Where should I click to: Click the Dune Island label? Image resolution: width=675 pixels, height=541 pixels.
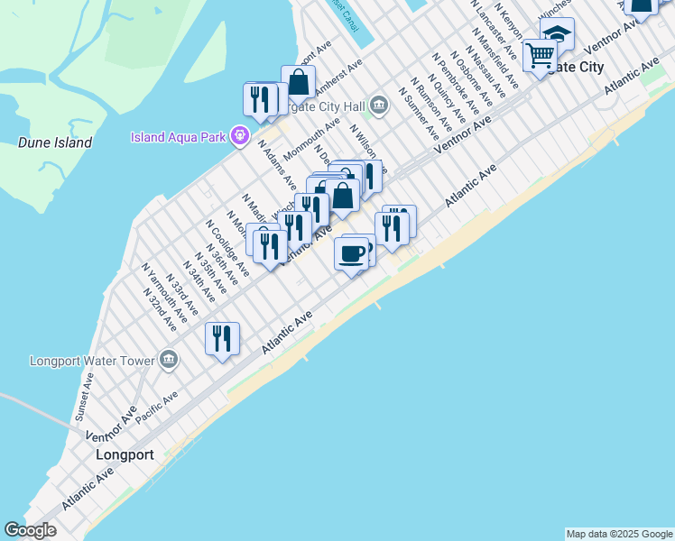(54, 142)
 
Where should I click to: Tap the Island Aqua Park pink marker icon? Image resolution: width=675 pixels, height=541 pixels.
(239, 137)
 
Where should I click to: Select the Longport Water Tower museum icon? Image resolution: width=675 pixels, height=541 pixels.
(169, 361)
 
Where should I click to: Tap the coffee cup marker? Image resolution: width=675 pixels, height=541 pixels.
(351, 253)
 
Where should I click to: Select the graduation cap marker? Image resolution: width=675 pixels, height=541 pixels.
(558, 34)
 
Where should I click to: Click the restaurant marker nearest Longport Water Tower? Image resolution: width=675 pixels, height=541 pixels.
(222, 338)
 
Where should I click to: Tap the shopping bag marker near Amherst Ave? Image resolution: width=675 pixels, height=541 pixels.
(298, 83)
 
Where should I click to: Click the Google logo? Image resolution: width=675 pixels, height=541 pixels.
(30, 530)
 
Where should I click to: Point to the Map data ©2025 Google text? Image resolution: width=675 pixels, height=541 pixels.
(618, 534)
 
